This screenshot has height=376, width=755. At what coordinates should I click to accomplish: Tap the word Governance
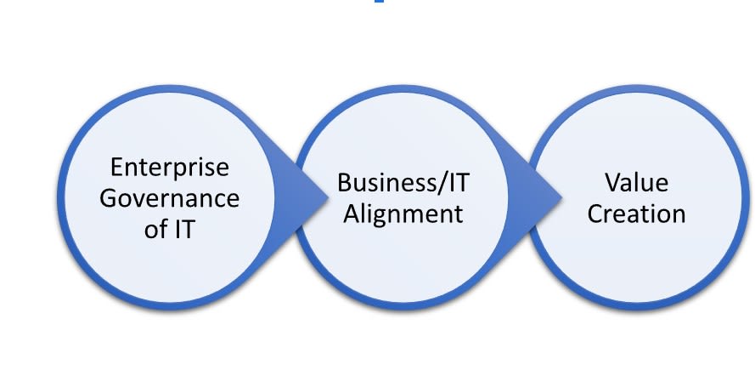pyautogui.click(x=170, y=198)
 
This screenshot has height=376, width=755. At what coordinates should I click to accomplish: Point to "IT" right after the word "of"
pyautogui.click(x=186, y=229)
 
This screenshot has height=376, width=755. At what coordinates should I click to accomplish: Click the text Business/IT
pyautogui.click(x=401, y=182)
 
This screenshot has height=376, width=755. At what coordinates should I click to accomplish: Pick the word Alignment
pyautogui.click(x=401, y=213)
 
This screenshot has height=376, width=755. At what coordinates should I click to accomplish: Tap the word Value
pyautogui.click(x=637, y=182)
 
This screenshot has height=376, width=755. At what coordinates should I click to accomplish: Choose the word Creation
pyautogui.click(x=637, y=213)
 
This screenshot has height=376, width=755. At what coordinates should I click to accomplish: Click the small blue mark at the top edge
pyautogui.click(x=379, y=3)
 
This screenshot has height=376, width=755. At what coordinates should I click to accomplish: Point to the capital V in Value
pyautogui.click(x=612, y=182)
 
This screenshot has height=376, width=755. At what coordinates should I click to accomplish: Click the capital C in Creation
pyautogui.click(x=595, y=213)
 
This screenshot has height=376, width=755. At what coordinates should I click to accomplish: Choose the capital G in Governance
pyautogui.click(x=110, y=198)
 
